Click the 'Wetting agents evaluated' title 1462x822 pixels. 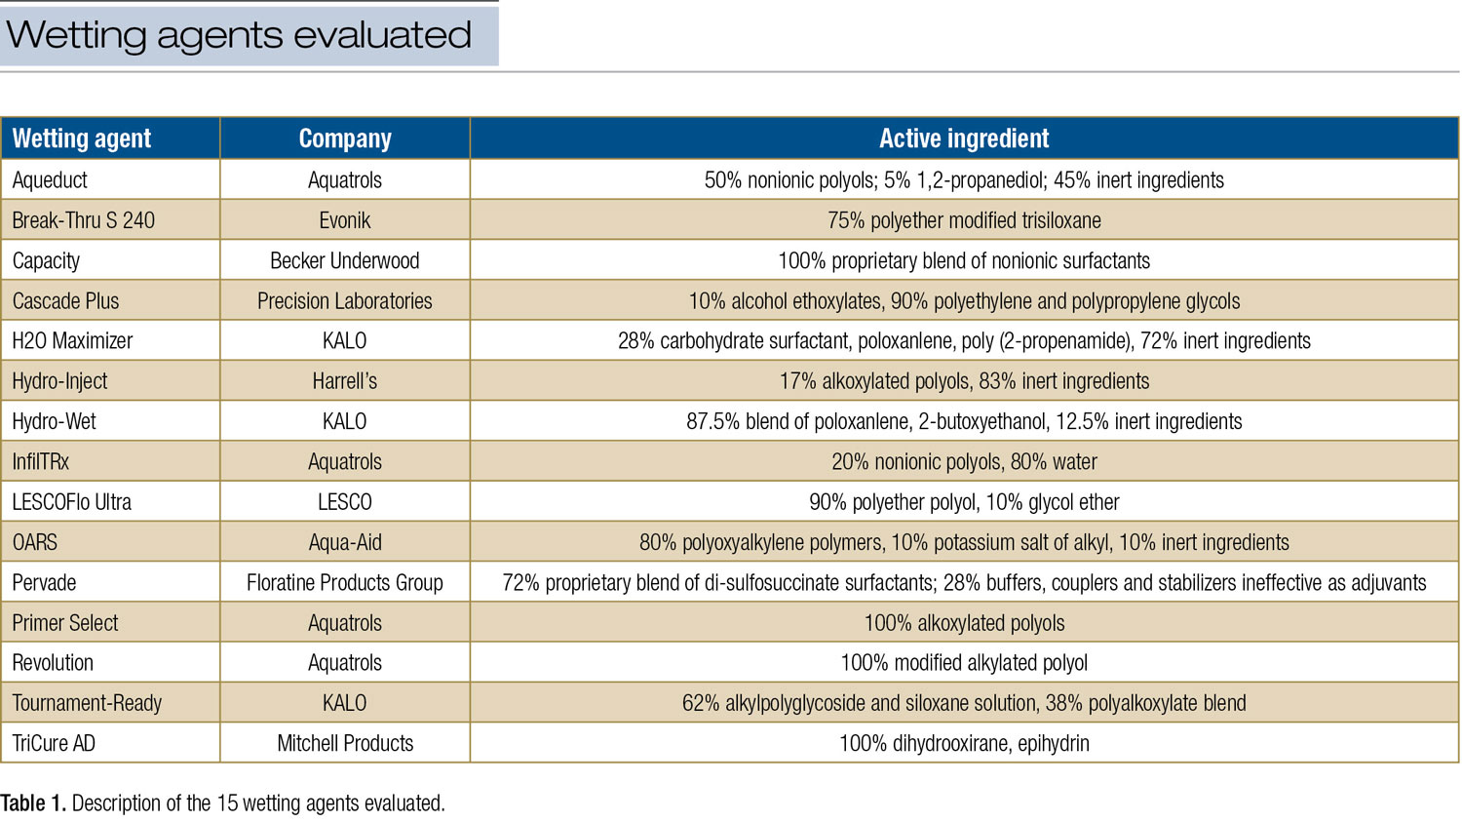(239, 35)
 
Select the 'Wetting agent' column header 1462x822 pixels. (82, 138)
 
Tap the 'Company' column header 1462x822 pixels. (345, 138)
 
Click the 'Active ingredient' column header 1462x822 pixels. (964, 138)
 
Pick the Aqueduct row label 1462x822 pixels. (50, 180)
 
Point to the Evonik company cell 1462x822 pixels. (345, 220)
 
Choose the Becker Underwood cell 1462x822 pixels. (345, 261)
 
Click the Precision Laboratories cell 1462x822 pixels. (345, 301)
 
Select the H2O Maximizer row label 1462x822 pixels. (72, 341)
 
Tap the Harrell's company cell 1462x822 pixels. (345, 381)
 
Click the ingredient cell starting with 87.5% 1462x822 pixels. (964, 422)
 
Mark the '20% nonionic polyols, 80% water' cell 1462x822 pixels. (964, 462)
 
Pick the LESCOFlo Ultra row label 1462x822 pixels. (72, 502)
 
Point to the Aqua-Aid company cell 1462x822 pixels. (345, 542)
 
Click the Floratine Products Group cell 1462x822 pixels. (345, 583)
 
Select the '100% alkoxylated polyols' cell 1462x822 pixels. (964, 623)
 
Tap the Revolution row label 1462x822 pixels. (53, 663)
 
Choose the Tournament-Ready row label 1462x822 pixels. (87, 703)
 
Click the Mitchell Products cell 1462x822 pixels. (345, 744)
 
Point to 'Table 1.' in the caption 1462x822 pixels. (33, 803)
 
